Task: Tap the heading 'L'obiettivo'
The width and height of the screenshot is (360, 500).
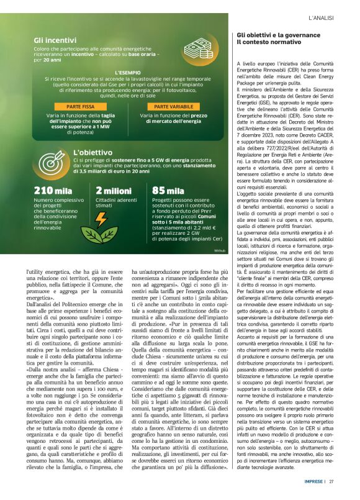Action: (92, 152)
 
